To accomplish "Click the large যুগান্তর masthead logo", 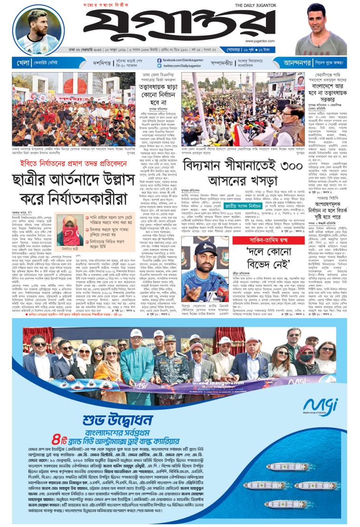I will (157, 26).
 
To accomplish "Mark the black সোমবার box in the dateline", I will (283, 49).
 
